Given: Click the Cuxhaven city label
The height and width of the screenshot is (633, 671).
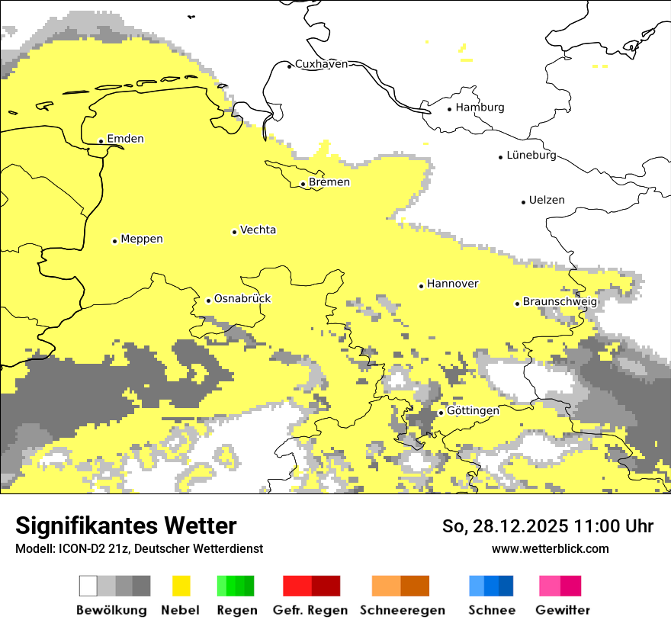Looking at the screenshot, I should click(321, 64).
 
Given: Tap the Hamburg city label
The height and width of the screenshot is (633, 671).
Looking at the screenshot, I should click(480, 108).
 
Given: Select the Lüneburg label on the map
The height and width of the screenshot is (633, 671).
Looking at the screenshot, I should click(531, 156).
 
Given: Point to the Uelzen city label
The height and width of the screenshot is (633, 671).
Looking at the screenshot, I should click(547, 201).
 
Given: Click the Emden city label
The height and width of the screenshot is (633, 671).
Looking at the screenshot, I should click(125, 139).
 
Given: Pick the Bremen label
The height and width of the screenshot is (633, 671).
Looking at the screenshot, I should click(329, 182).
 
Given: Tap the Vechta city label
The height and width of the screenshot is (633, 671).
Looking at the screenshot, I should click(258, 230).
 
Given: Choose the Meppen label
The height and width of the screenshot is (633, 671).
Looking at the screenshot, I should click(142, 239).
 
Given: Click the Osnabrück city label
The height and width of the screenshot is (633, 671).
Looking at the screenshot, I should click(242, 299).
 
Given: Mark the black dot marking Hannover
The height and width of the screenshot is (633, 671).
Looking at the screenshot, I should click(421, 286).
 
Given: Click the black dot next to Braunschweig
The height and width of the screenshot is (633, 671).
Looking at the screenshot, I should click(517, 304).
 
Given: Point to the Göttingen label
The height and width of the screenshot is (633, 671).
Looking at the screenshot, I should click(473, 411).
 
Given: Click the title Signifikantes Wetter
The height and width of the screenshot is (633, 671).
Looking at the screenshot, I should click(126, 526).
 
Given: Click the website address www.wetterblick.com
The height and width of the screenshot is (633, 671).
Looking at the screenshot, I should click(550, 549).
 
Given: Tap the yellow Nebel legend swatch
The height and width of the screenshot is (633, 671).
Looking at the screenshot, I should click(181, 586).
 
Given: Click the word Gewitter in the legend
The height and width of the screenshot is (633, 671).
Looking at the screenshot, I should click(563, 610).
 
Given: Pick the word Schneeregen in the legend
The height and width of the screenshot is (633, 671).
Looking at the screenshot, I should click(403, 610).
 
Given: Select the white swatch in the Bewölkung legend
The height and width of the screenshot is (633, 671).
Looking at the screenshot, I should click(88, 586).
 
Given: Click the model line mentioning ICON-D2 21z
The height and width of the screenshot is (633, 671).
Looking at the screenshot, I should click(139, 549).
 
